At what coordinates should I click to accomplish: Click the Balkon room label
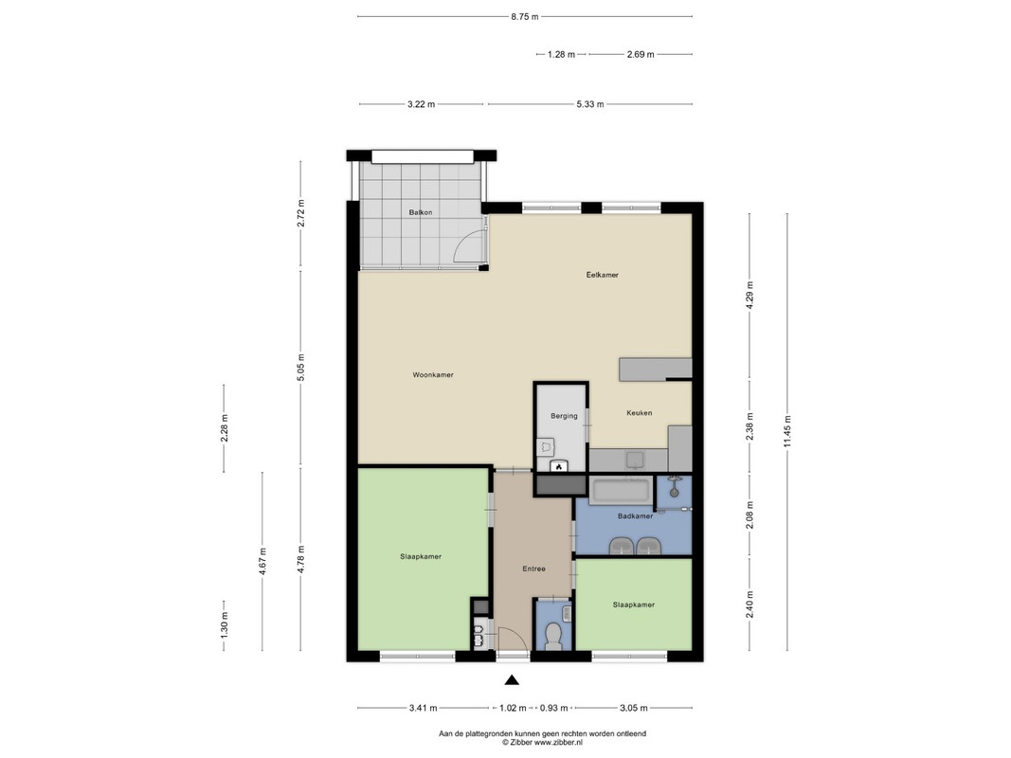click(421, 212)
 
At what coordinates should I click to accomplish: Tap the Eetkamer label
click(603, 275)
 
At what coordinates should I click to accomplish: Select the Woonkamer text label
click(433, 374)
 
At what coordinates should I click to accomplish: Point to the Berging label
click(564, 416)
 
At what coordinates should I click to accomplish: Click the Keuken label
click(639, 412)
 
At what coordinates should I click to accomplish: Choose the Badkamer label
click(635, 515)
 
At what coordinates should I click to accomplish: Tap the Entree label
click(533, 568)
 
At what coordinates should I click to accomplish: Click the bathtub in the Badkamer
click(622, 491)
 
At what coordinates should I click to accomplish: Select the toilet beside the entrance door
click(553, 636)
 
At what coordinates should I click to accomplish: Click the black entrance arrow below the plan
click(512, 679)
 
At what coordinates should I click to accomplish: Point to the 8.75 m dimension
click(525, 17)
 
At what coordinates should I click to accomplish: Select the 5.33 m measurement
click(590, 104)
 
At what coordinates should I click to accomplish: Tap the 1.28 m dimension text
click(561, 54)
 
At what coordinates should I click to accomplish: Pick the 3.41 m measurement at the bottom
click(423, 708)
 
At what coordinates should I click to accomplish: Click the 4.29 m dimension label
click(749, 296)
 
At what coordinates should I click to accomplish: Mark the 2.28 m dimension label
click(224, 428)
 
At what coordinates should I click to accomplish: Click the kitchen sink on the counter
click(635, 460)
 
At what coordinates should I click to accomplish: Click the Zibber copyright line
click(542, 743)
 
